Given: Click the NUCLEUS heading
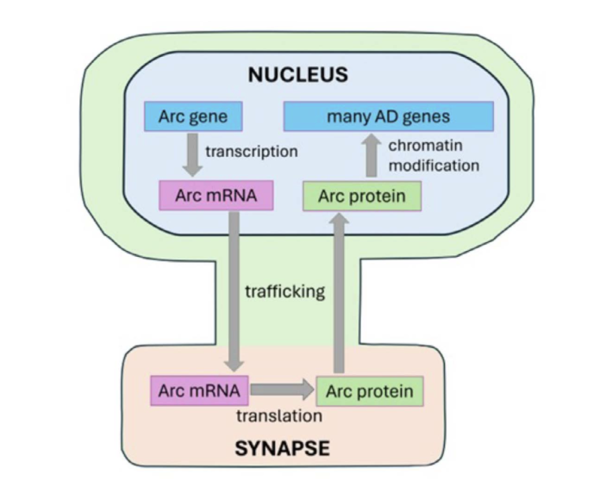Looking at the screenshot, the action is (298, 75).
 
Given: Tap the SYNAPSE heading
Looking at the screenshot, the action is (283, 448).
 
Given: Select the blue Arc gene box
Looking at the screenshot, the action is (193, 116).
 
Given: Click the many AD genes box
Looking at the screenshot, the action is (389, 116).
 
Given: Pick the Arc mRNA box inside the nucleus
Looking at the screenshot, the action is (216, 196).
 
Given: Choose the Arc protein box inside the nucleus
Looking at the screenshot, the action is (362, 196).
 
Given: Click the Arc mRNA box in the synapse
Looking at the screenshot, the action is (199, 390).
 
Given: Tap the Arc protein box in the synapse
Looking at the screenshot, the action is (370, 391).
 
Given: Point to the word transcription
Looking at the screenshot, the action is (252, 152).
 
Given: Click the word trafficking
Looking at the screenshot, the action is (285, 291).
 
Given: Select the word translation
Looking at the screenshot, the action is (279, 416).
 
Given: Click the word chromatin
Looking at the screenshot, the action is (426, 146).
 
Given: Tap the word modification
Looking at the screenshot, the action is (434, 166).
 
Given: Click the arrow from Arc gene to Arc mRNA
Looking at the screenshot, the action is (192, 155).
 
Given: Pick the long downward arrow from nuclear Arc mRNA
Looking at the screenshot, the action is (234, 291).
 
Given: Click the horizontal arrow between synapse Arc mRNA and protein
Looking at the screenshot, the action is (283, 390).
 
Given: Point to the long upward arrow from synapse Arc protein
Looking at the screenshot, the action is (339, 293).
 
